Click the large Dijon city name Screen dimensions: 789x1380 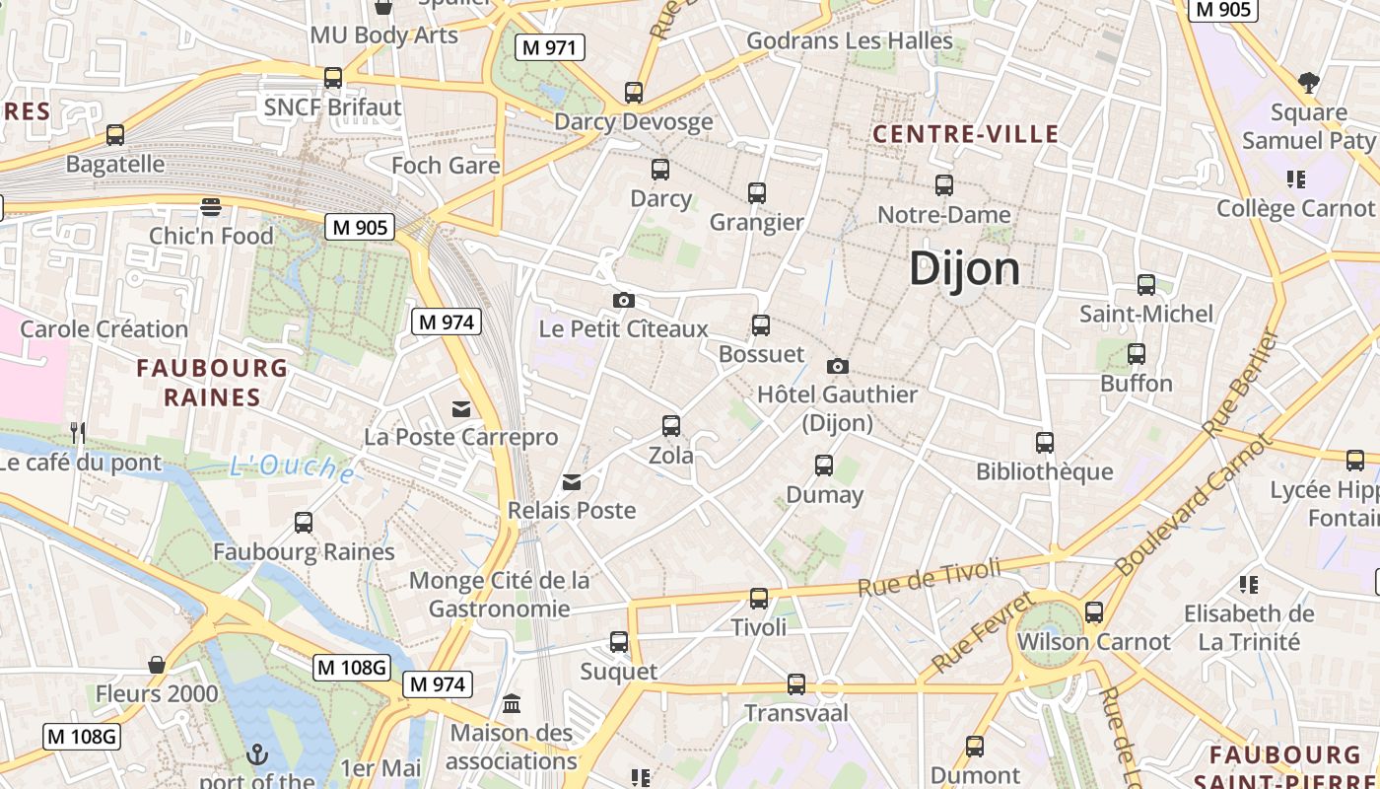coord(964,268)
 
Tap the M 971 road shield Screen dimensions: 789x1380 coord(550,46)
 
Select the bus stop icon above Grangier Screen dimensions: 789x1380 coord(756,193)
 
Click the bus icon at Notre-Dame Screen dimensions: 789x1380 coord(943,185)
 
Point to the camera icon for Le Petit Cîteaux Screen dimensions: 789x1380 coord(623,300)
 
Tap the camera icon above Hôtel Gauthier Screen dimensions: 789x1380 coord(837,366)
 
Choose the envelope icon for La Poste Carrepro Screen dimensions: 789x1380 coord(460,409)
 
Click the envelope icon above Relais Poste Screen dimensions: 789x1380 coord(572,482)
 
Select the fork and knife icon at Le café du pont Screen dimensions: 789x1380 coord(78,432)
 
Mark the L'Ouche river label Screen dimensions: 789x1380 coord(293,468)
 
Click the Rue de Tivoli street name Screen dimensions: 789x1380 coord(929,576)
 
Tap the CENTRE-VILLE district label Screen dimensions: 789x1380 coord(966,134)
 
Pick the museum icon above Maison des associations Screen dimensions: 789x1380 coord(512,704)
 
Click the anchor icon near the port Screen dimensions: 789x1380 coord(256,755)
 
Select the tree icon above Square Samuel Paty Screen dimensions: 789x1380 coord(1308,82)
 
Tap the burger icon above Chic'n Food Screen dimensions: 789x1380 coord(211,207)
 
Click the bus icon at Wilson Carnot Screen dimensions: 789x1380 coord(1093,612)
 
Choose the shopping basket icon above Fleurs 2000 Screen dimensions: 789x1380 coord(156,665)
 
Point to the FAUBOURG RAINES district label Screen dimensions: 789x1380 coord(212,383)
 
